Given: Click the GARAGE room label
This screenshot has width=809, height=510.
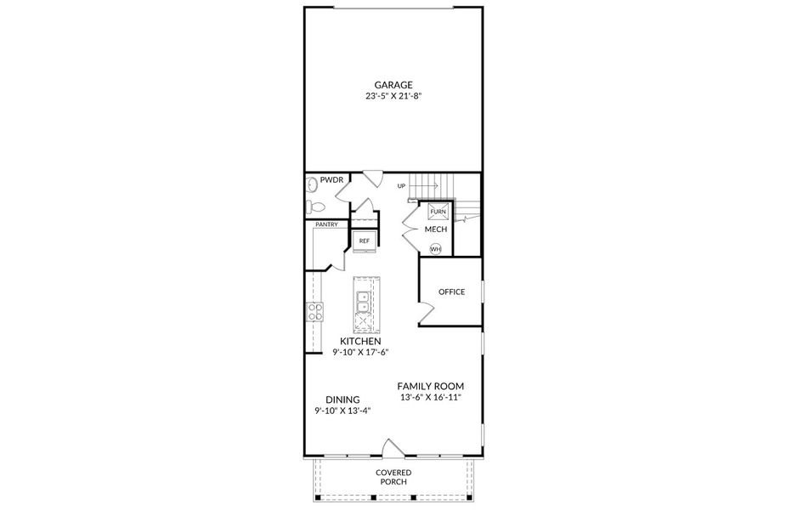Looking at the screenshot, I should [393, 84].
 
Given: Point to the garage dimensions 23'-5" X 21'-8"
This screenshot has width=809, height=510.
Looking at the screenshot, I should [393, 97].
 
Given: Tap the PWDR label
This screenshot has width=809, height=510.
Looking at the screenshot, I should [331, 181].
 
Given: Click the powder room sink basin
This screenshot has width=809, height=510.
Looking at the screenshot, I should [312, 183].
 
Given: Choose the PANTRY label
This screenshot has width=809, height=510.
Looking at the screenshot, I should [326, 224].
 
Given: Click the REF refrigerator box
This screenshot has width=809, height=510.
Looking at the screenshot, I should [365, 241].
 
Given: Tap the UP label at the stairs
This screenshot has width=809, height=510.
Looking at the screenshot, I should [401, 185].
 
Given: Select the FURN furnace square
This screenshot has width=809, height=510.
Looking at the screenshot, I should [438, 211].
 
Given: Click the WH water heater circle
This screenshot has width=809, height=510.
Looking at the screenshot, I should [435, 249].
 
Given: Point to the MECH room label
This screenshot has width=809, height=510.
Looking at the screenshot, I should [436, 229].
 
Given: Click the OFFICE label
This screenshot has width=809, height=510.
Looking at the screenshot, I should [451, 292].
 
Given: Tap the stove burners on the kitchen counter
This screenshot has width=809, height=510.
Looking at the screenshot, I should [314, 312].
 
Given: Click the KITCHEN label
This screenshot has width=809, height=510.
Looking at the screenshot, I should [359, 341].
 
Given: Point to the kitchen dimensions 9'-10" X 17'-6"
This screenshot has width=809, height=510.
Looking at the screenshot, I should [359, 352].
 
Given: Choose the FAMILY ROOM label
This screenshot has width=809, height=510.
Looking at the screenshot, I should [431, 385].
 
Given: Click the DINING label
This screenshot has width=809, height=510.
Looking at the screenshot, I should [342, 399].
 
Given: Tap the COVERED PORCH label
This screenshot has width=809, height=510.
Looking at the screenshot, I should [393, 477].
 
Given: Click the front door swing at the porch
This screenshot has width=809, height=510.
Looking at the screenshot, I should [393, 448].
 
